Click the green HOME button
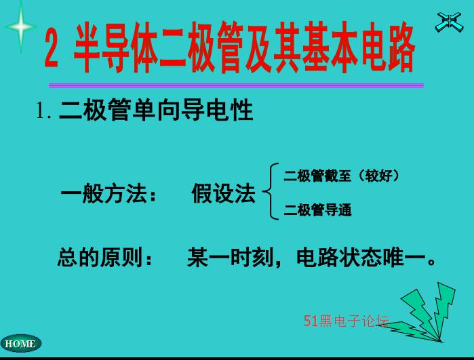[x=20, y=343]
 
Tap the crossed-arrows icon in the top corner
[x=449, y=22]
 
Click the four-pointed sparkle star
[x=21, y=26]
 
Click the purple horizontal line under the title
[x=236, y=85]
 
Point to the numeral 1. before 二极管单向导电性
[x=43, y=111]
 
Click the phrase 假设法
[x=223, y=193]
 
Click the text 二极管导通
[x=317, y=209]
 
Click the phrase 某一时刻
[x=230, y=257]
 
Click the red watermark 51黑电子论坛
[x=347, y=321]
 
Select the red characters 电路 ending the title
[x=388, y=47]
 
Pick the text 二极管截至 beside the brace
[x=317, y=176]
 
